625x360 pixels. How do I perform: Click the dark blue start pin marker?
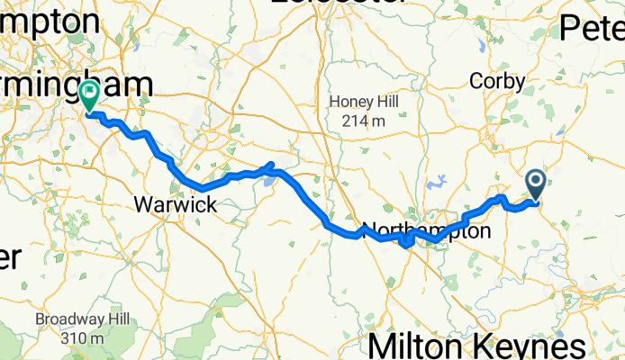point(536,184)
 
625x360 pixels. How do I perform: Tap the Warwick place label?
point(176,205)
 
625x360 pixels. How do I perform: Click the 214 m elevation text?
point(358,120)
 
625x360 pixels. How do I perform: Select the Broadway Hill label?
point(82,319)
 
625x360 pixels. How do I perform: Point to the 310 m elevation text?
point(82,337)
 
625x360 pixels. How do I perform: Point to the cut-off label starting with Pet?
point(592,29)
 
